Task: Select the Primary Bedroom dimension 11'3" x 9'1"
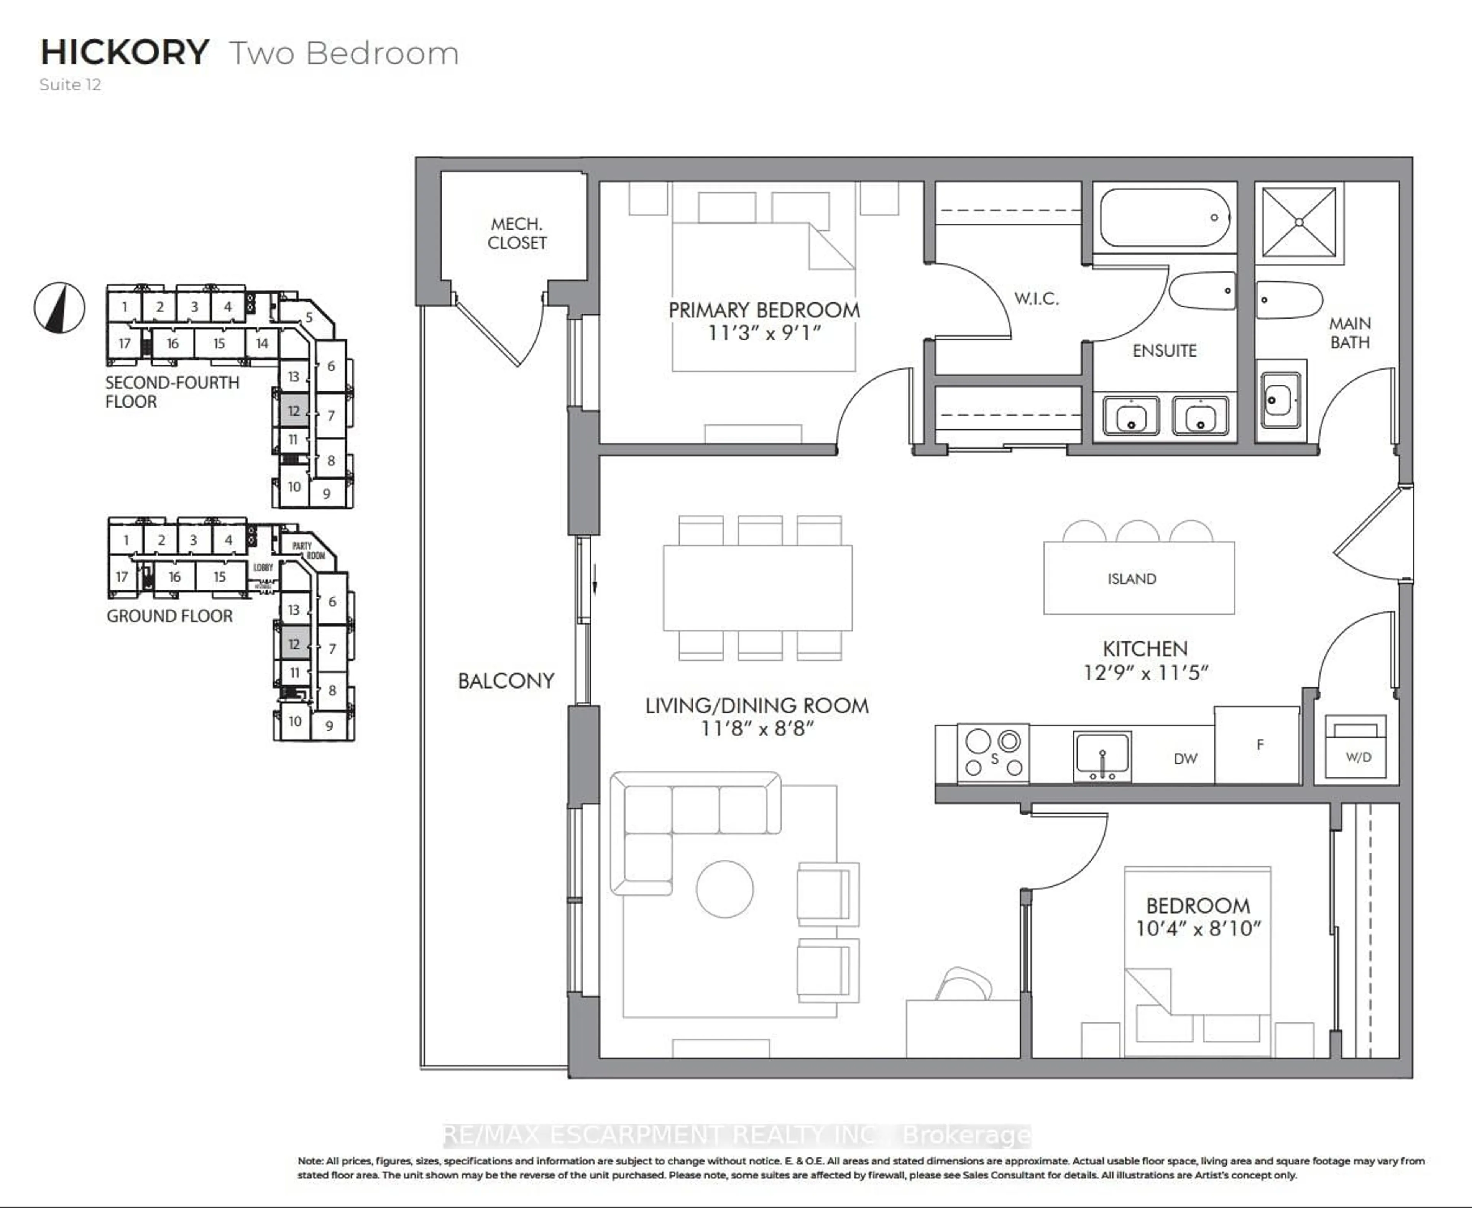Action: (x=764, y=333)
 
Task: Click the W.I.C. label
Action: (x=1036, y=299)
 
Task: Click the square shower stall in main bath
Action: (x=1299, y=222)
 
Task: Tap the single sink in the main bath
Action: (x=1280, y=401)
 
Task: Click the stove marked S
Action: (x=993, y=753)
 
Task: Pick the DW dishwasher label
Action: (x=1185, y=758)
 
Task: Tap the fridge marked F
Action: (x=1259, y=745)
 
